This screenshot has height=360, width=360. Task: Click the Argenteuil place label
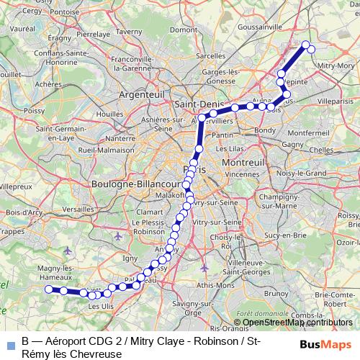(x=142, y=94)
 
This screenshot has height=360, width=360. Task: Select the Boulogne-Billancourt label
(x=135, y=184)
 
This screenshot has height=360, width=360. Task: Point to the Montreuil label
(x=243, y=163)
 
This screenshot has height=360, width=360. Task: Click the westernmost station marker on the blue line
(x=49, y=289)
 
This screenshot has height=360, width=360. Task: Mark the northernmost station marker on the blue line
(x=306, y=45)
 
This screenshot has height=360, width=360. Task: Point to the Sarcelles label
(x=210, y=55)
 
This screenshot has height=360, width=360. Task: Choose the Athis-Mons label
(x=210, y=286)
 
